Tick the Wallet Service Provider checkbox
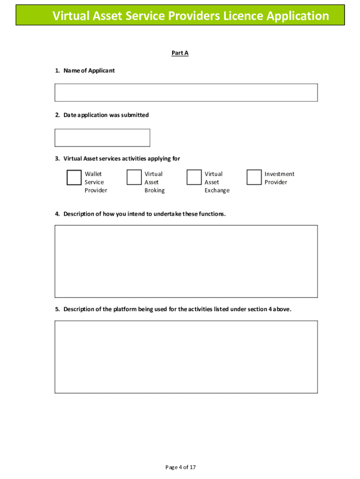point(74,178)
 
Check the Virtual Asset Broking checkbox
point(134,177)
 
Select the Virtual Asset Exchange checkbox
point(194,177)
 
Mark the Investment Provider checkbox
point(254,177)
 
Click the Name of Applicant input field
point(186,93)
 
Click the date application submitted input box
point(102,138)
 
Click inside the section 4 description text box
point(186,261)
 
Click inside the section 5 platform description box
point(186,357)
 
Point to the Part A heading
point(180,53)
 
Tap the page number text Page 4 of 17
point(180,467)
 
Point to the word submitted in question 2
point(135,115)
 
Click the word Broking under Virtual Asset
point(154,190)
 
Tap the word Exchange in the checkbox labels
point(217,190)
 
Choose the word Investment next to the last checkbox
point(280,174)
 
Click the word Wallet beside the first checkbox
point(93,174)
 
